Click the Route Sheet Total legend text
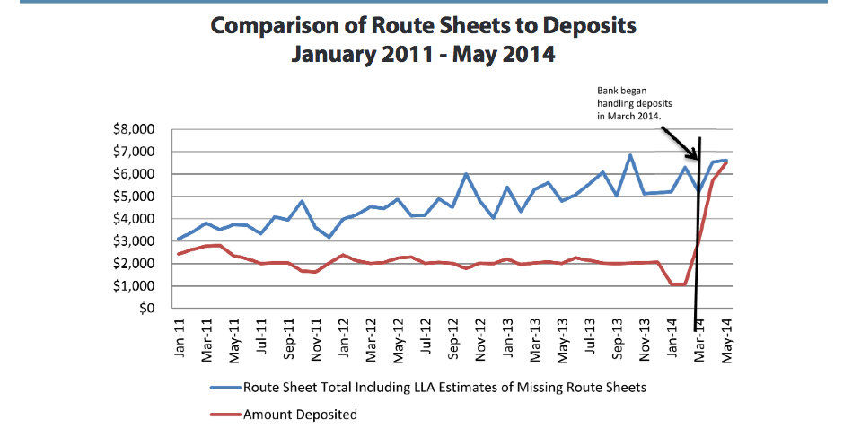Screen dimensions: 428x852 coord(444,388)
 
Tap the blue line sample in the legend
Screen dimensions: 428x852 coord(224,388)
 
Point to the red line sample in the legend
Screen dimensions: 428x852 coord(224,414)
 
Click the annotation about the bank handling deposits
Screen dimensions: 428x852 coord(637,103)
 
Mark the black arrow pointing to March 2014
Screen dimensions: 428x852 coord(681,140)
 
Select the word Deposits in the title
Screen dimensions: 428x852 coord(589,25)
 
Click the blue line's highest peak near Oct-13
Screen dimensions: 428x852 coord(631,155)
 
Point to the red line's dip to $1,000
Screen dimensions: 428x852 coord(678,284)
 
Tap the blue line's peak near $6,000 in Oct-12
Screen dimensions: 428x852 coord(467,174)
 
